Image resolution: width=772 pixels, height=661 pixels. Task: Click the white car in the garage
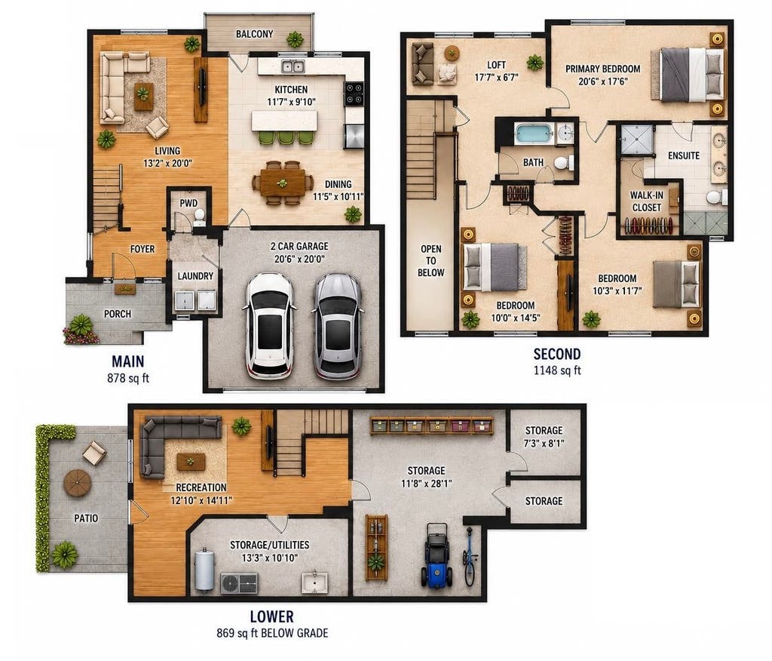270,326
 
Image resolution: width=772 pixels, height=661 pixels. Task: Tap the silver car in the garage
339,326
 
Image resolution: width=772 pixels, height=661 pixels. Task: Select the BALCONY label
254,34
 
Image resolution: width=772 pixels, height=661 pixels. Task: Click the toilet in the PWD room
199,217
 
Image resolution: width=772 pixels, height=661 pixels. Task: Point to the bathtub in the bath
535,134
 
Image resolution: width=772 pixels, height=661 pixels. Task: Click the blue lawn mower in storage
437,555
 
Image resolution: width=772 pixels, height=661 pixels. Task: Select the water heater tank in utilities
205,570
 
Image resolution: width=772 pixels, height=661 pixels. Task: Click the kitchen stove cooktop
354,94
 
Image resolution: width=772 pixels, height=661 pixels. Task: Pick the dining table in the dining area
283,183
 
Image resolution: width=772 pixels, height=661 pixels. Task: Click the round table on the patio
78,483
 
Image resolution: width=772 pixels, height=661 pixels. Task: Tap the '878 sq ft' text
128,378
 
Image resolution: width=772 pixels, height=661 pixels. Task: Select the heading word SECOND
557,354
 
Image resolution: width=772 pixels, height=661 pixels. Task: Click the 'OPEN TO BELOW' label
430,261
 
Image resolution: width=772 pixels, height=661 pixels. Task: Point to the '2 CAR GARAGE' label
299,246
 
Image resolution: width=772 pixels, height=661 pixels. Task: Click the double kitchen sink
293,66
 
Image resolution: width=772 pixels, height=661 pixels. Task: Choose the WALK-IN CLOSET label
646,201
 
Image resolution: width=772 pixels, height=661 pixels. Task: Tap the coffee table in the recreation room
191,462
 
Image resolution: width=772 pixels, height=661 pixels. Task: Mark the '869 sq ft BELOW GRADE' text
272,633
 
